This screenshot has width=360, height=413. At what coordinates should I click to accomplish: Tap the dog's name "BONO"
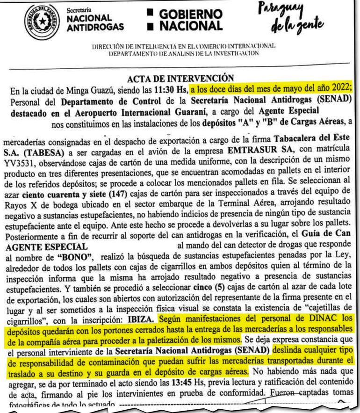(x=74, y=259)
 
